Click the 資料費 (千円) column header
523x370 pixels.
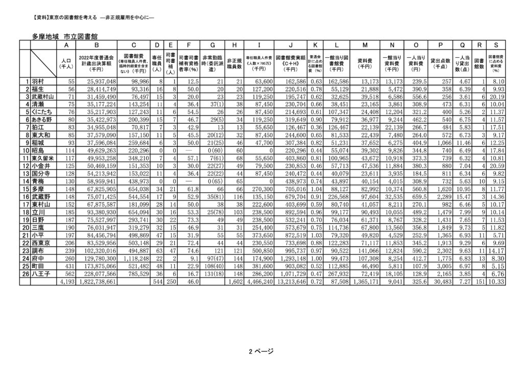364,63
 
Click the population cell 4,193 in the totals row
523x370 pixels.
67,282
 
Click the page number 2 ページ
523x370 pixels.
261,351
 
